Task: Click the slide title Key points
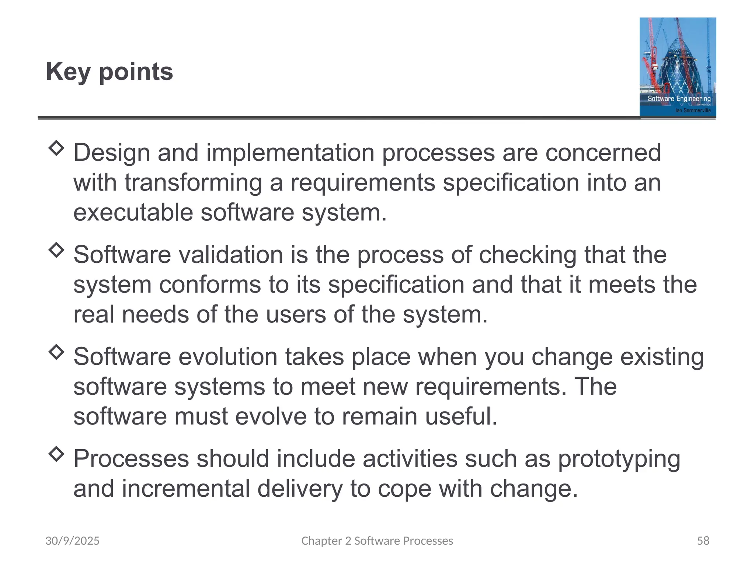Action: click(109, 71)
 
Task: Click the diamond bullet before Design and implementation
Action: click(56, 148)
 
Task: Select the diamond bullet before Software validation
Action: click(56, 250)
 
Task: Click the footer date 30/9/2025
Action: click(72, 541)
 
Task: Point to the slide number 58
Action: click(703, 541)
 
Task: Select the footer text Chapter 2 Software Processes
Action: click(377, 541)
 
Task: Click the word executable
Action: click(133, 213)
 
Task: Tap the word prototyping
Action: click(619, 459)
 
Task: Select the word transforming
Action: click(193, 183)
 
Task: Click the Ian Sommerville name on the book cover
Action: click(693, 110)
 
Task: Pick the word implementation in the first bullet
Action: click(290, 153)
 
